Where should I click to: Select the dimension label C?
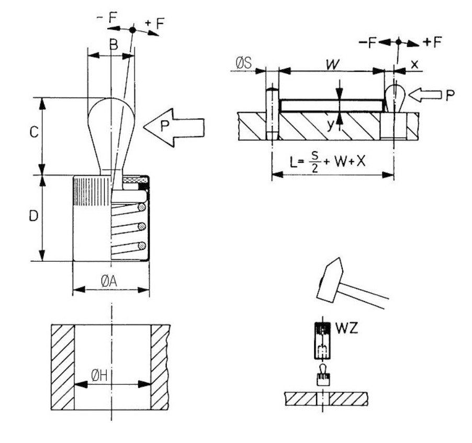32,134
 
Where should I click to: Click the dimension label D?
32,216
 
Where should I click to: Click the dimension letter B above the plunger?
113,45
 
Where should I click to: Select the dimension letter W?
331,65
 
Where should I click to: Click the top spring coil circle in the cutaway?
140,207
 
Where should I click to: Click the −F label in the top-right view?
369,42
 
